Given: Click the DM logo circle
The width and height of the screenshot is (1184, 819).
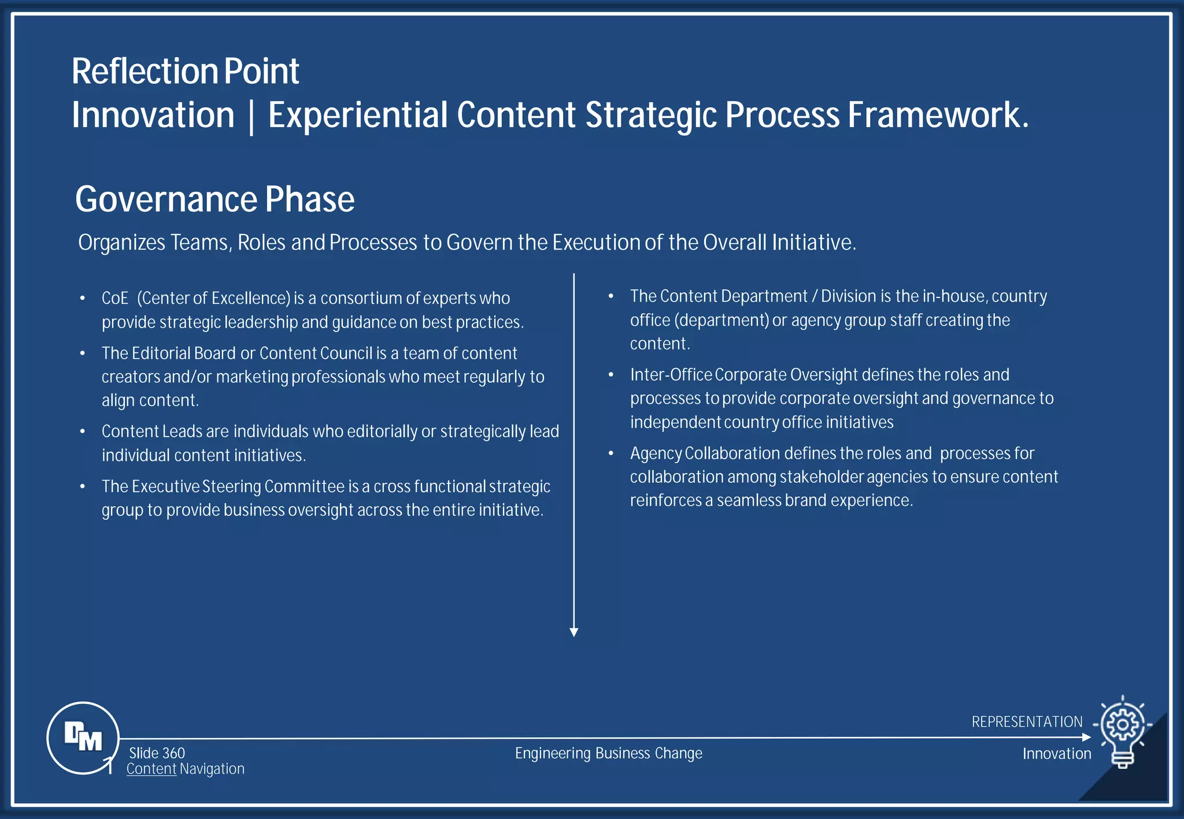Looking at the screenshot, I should tap(83, 738).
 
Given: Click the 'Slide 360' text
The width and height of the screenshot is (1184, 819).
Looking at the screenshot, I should tap(157, 753).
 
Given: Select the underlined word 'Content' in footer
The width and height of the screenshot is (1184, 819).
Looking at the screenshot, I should tap(151, 769).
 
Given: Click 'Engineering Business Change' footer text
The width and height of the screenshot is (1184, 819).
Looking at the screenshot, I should tap(608, 753).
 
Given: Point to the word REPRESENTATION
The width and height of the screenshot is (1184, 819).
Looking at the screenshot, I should tap(1027, 722).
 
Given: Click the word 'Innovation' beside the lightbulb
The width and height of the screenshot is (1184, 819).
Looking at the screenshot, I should tap(1057, 754).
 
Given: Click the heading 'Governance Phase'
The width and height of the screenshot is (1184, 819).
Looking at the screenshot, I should tap(214, 199).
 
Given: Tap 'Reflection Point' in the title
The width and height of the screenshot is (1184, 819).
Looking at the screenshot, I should tap(185, 72).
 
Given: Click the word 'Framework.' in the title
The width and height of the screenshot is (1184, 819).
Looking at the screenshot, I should tap(938, 115).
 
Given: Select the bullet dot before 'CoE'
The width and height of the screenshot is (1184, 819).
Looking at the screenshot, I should tap(83, 299).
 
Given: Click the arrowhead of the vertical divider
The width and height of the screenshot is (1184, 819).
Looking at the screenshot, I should tap(573, 632).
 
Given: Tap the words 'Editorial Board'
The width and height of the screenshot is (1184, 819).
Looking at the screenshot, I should tap(183, 353).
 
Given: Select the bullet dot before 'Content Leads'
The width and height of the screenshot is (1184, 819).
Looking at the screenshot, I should tap(83, 431).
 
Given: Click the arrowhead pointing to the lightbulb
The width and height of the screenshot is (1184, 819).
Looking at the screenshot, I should tap(1086, 737).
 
